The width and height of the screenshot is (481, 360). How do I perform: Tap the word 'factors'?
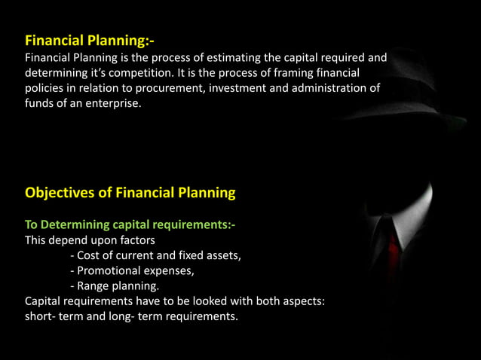point(133,240)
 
